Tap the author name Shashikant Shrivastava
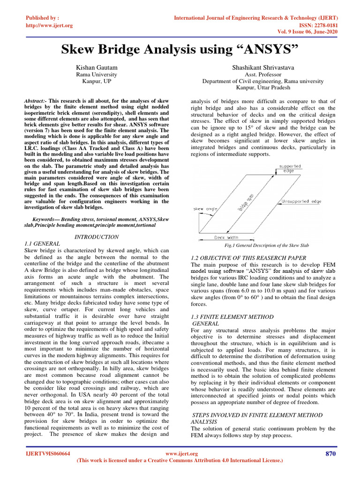point(262,68)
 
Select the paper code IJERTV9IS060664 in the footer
point(48,454)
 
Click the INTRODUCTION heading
point(97,237)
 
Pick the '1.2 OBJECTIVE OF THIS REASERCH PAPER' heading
point(249,258)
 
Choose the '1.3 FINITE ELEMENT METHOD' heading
point(233,317)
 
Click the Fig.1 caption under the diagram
point(267,246)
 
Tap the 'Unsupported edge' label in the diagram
point(301,201)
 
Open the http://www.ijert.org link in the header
point(49,25)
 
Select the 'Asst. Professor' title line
point(263,75)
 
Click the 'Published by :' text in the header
point(43,18)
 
